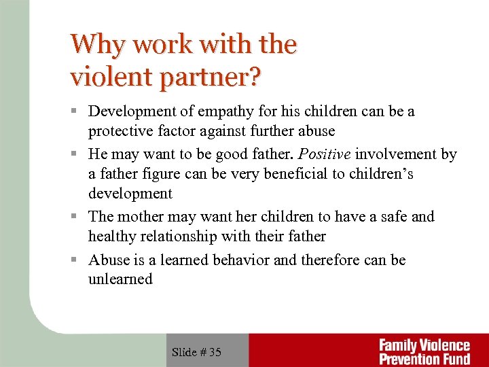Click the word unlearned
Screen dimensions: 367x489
pos(120,279)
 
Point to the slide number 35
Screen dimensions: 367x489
pos(215,352)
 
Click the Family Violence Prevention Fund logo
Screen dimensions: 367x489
pos(424,351)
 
